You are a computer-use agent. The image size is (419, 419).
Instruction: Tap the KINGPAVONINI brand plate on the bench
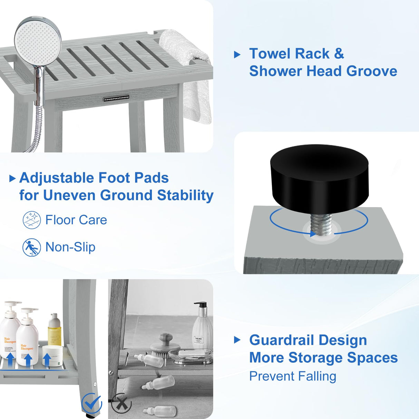(116, 99)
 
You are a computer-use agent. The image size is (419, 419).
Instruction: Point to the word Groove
(372, 71)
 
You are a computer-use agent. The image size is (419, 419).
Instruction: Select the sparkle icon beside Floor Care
(32, 220)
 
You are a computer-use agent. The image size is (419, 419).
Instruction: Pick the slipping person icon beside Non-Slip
(32, 247)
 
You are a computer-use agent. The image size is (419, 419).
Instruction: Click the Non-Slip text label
(70, 247)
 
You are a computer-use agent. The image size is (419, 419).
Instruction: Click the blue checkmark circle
(91, 403)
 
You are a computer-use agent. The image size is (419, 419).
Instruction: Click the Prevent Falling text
(293, 376)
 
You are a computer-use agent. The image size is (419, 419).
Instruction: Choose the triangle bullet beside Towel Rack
(237, 55)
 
